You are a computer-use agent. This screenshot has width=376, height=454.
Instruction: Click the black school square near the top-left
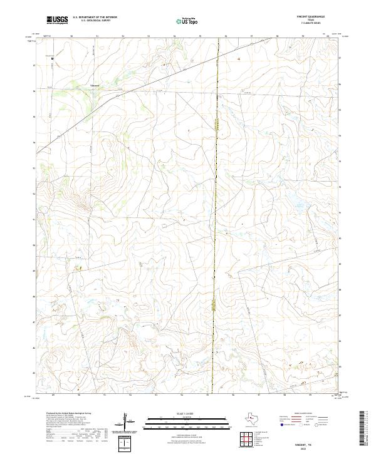pyautogui.click(x=53, y=59)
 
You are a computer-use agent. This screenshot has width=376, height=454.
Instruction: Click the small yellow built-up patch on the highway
pyautogui.click(x=214, y=306)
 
